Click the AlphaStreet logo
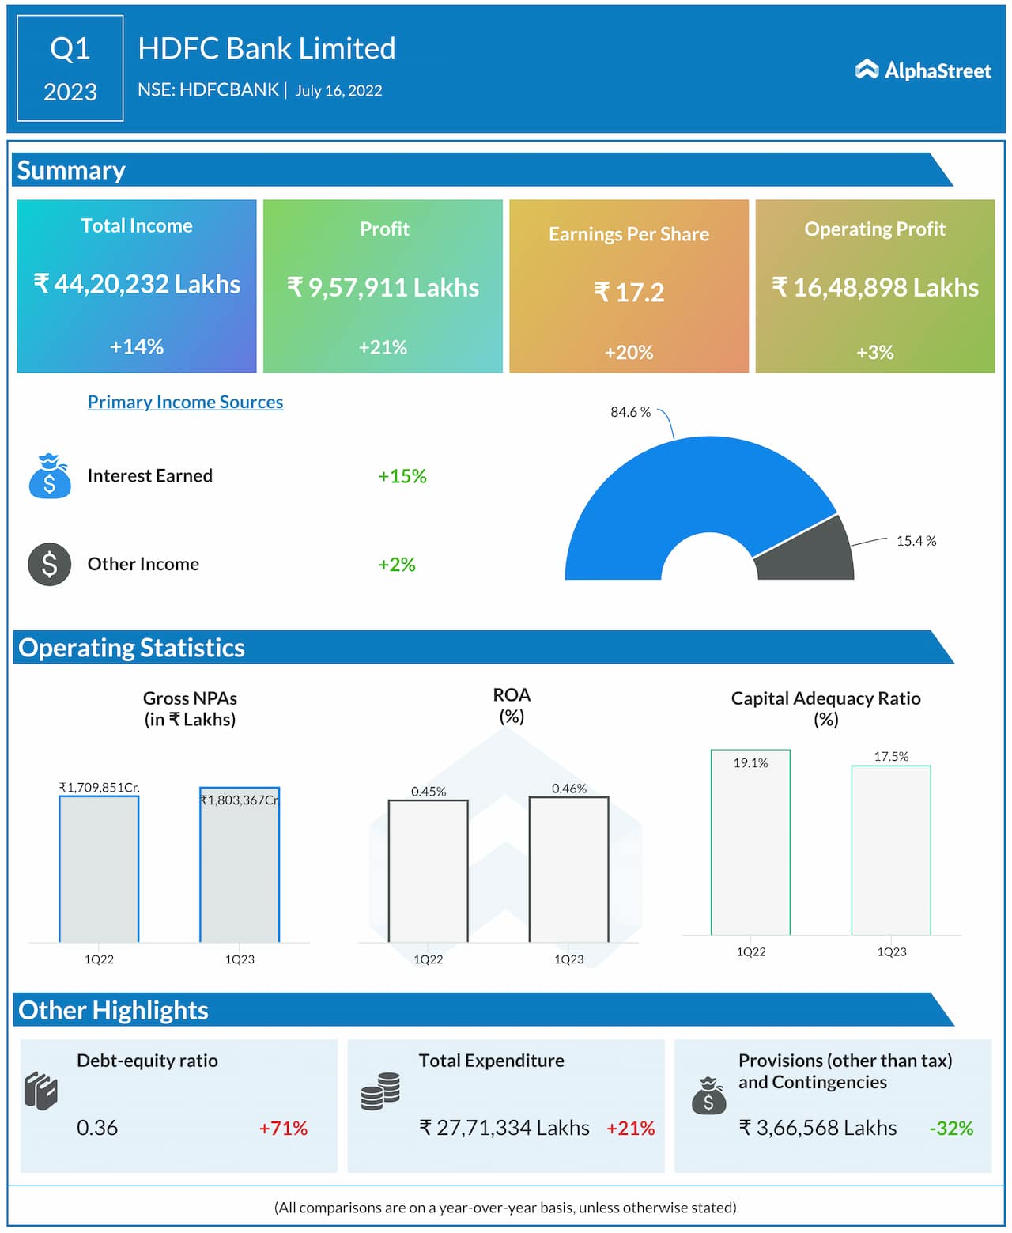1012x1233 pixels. (922, 70)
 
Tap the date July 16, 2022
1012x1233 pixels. (338, 91)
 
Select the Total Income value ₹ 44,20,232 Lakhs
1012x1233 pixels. (137, 284)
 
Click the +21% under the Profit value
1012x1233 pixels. (383, 347)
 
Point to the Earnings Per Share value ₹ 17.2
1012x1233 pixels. (629, 293)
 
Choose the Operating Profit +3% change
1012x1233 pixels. (874, 352)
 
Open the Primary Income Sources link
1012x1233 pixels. (185, 402)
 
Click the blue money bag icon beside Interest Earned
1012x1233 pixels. (50, 476)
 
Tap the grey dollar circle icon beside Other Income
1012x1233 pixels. (50, 565)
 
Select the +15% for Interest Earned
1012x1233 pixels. (402, 476)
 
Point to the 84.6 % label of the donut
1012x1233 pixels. (630, 412)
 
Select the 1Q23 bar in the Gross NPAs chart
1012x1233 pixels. (240, 870)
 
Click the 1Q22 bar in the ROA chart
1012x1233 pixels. (428, 870)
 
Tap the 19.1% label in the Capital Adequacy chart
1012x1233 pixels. (750, 763)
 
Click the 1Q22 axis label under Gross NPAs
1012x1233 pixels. (99, 959)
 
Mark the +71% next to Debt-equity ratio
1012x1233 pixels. (283, 1129)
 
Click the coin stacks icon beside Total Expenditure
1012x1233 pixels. (380, 1091)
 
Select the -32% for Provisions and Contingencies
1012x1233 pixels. (951, 1129)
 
